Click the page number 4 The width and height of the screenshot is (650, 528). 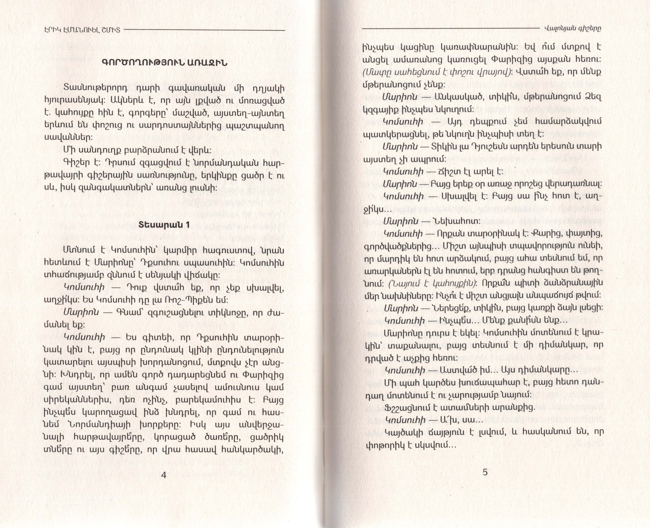point(164,475)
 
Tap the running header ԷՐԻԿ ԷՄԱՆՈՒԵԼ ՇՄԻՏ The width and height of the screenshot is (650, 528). point(82,30)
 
